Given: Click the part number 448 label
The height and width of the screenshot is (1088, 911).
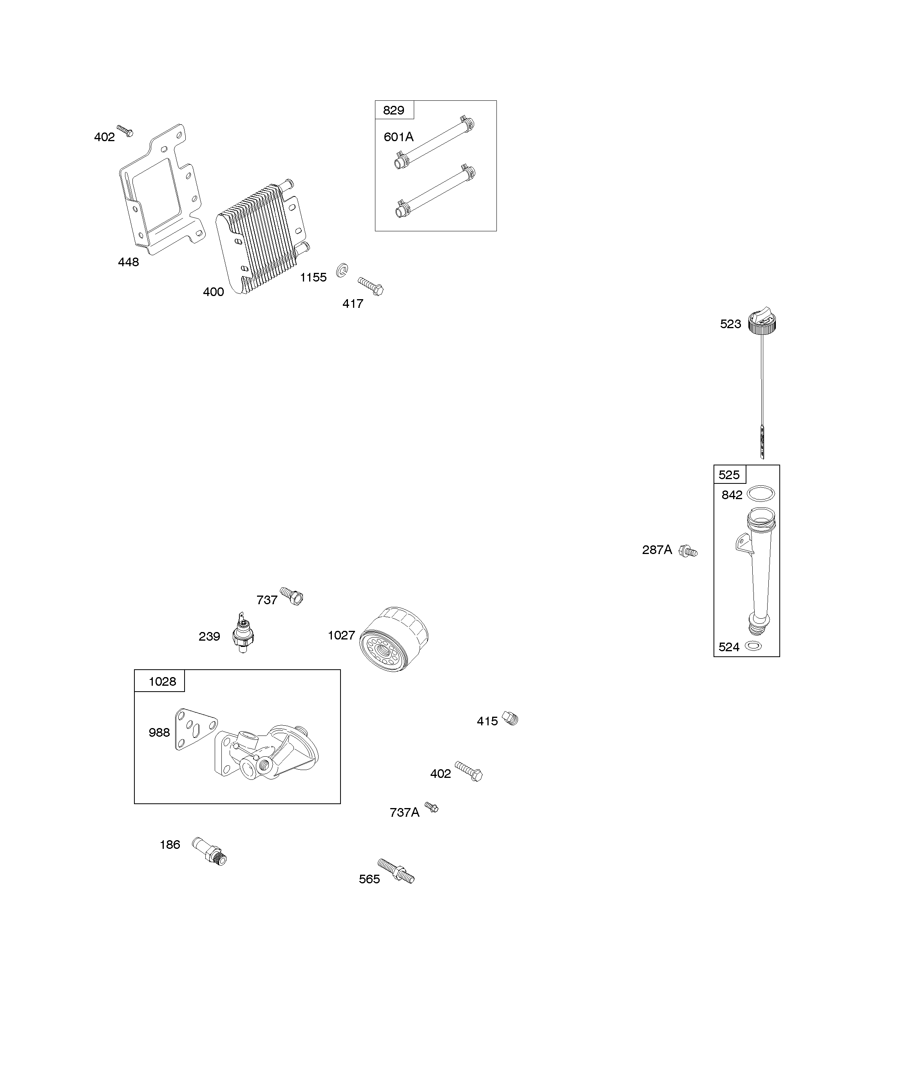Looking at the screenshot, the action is (129, 262).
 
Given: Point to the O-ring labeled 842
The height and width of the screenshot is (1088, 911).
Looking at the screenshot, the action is (762, 493).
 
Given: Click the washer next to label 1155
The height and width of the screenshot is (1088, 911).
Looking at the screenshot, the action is (342, 270).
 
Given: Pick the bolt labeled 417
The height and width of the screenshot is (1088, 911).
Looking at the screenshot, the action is (371, 286).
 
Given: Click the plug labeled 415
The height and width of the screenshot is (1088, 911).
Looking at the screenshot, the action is (511, 719).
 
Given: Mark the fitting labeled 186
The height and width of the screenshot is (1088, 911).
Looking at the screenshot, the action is (210, 851).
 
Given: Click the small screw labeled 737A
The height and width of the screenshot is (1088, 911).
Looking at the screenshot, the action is (431, 807).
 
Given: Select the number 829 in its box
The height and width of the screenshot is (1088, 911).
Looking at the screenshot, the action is (394, 110).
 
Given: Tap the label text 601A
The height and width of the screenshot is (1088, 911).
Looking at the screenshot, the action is (398, 137).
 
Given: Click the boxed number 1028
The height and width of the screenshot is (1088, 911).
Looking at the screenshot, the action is (162, 681).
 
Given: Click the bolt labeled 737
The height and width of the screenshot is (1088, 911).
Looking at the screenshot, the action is (292, 596).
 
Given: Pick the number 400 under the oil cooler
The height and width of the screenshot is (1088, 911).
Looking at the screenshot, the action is (214, 292).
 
